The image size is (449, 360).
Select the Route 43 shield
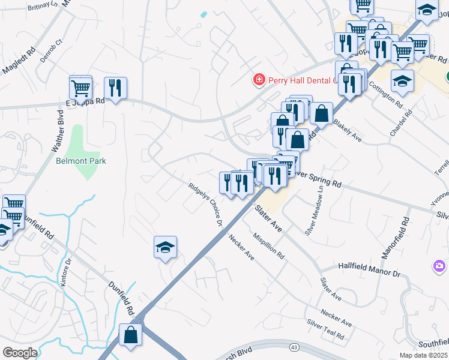click(x=294, y=347)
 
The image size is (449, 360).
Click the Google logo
click(x=20, y=353)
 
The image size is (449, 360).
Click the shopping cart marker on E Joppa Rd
click(x=80, y=88)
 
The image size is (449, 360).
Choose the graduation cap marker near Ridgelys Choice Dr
click(x=165, y=247)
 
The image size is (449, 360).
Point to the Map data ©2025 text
click(x=423, y=355)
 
